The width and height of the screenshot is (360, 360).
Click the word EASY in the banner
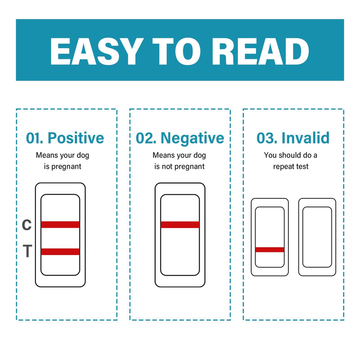[95, 51]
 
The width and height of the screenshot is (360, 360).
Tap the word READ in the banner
[261, 51]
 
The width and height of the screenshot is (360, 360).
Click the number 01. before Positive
[35, 138]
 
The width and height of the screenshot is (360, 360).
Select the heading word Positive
[76, 138]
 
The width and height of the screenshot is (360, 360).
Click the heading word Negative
[192, 139]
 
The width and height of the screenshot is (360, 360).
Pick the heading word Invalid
[306, 138]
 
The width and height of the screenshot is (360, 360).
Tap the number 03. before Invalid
[266, 138]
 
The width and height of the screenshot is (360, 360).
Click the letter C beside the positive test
[27, 225]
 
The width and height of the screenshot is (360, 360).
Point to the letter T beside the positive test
[27, 251]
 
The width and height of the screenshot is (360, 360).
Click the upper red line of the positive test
[60, 225]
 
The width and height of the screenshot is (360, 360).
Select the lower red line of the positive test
[60, 252]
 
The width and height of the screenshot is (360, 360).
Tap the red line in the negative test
[180, 225]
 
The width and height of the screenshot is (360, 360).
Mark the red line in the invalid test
[270, 250]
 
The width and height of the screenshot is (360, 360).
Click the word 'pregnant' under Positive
[66, 166]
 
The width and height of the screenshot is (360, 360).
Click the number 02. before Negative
[146, 138]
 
